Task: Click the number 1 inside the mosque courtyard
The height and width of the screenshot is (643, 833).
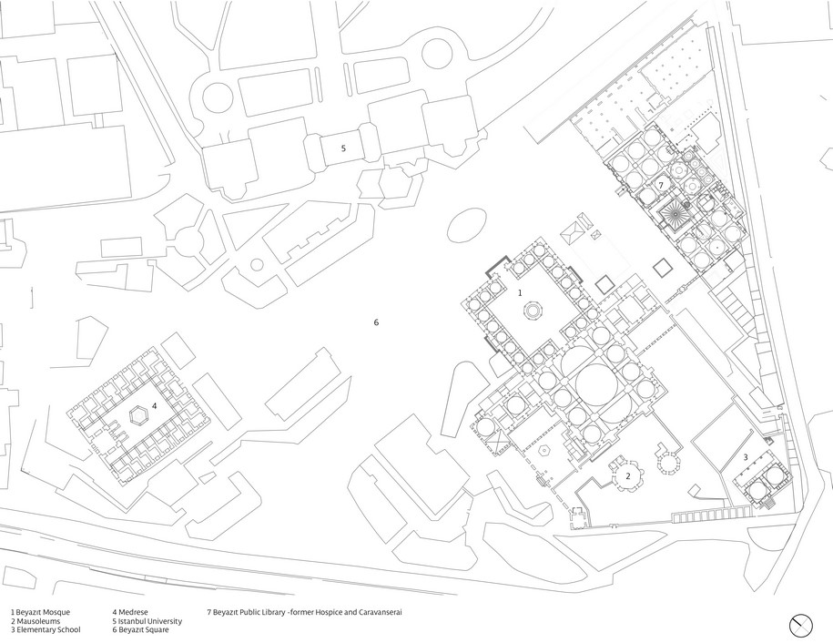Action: (x=520, y=293)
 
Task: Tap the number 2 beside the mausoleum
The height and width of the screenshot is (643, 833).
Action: (x=627, y=475)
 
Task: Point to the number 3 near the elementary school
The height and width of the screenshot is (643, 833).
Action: (x=747, y=456)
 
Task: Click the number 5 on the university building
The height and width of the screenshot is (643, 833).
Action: (x=343, y=147)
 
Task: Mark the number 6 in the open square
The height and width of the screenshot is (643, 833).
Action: (x=375, y=322)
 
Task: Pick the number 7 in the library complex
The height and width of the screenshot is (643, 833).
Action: (x=662, y=185)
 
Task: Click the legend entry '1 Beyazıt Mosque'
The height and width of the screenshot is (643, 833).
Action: (x=40, y=612)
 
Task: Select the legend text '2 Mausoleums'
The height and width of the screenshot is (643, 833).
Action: (x=35, y=621)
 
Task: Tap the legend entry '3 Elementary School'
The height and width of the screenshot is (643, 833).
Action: (x=46, y=630)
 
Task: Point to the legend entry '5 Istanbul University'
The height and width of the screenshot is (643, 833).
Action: (x=147, y=621)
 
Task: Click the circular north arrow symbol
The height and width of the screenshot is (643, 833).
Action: (x=801, y=624)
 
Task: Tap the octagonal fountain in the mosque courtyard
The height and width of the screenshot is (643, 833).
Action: (x=531, y=311)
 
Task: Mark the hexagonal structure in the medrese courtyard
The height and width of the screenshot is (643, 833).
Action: (x=139, y=416)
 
